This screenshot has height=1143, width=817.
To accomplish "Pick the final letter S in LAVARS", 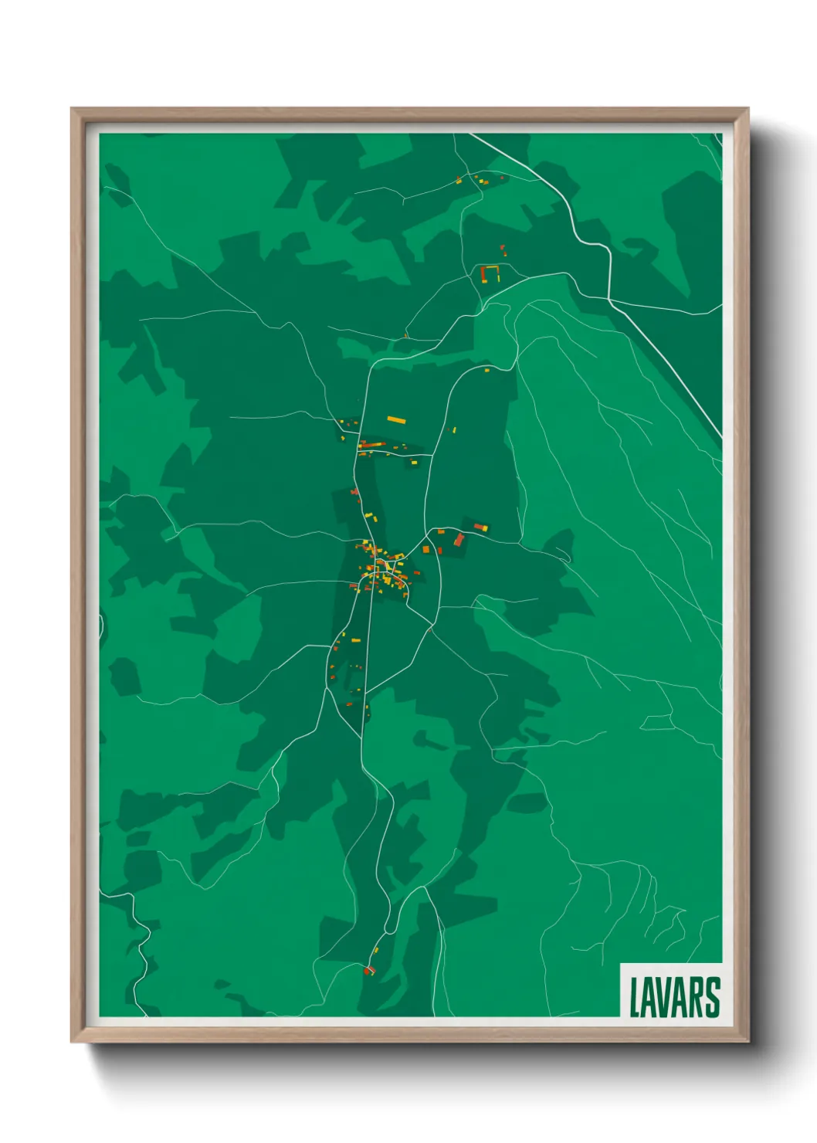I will (713, 997).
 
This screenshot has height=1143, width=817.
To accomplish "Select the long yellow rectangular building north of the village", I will (396, 420).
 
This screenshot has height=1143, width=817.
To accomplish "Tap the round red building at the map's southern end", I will (368, 971).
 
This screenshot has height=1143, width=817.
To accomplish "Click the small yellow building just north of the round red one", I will (376, 950).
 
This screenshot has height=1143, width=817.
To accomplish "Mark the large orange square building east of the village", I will (425, 550).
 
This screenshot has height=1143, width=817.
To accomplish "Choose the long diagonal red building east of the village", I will (459, 539).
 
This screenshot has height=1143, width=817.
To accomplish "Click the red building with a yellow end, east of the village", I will (480, 527).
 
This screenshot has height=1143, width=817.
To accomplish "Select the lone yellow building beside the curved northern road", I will (487, 371).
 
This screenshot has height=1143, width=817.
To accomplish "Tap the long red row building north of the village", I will (372, 445).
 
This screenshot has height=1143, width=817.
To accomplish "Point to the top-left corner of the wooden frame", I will (72, 109).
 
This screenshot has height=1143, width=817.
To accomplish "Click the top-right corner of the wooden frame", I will (748, 109).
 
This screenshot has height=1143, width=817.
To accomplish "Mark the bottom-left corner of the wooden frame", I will (72, 1041).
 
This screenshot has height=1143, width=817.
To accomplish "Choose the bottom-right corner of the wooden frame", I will (748, 1041).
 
